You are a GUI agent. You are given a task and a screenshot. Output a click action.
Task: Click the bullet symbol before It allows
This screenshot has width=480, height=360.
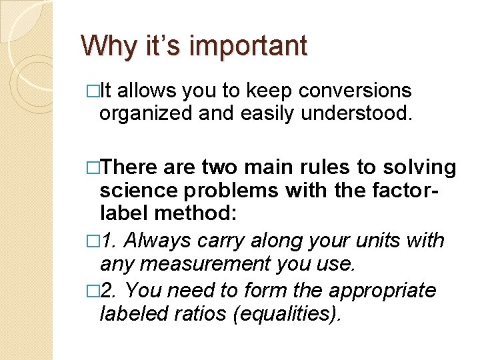[87, 91]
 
